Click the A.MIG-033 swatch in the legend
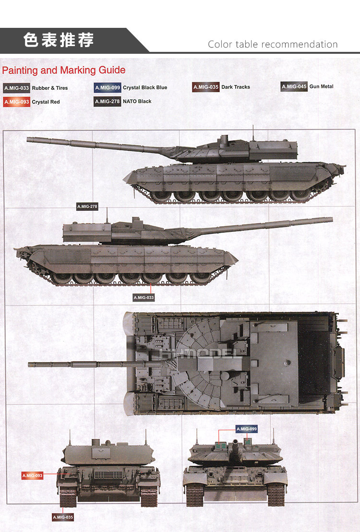[x=16, y=88]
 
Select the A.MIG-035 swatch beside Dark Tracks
[x=205, y=87]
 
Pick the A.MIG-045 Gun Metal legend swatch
[x=294, y=86]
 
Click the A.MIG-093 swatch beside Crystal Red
[x=16, y=102]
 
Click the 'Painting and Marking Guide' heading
[x=64, y=70]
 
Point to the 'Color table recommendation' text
[x=273, y=44]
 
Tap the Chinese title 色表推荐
[x=59, y=40]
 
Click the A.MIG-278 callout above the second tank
[x=87, y=207]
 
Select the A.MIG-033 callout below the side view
[x=144, y=298]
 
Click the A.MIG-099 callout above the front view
[x=246, y=428]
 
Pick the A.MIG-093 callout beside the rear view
[x=32, y=475]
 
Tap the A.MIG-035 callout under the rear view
[x=63, y=517]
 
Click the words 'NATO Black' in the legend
[x=138, y=101]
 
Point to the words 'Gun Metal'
[x=322, y=86]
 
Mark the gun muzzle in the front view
[x=235, y=442]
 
